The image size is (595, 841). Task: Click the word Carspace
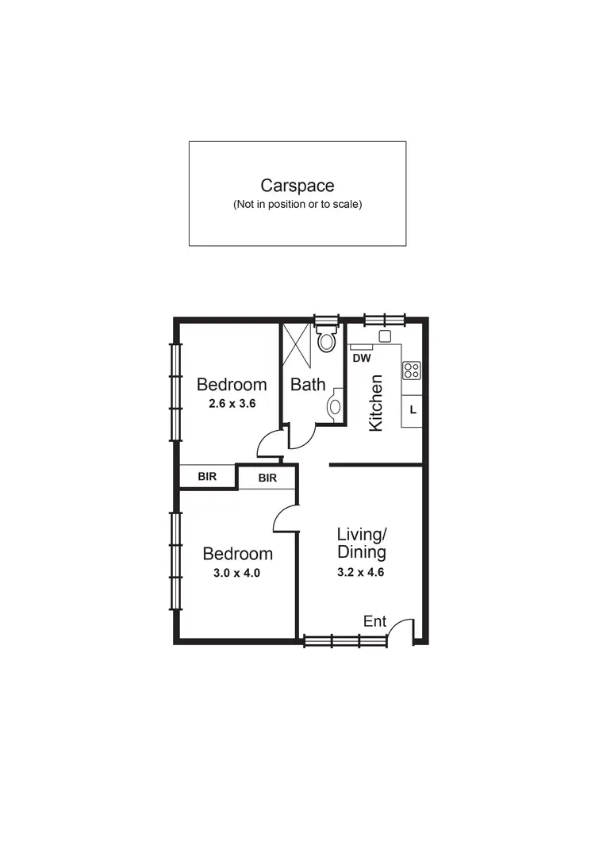(297, 186)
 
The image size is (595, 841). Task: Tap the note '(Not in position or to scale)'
(297, 205)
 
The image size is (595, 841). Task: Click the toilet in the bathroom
(326, 342)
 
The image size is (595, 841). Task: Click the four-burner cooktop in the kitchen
(411, 371)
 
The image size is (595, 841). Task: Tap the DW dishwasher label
(362, 359)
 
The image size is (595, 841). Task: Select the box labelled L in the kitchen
(413, 410)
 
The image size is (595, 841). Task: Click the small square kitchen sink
(386, 336)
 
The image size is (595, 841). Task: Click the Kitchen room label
(377, 403)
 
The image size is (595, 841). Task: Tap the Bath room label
(308, 385)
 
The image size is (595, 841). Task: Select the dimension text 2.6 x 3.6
(231, 403)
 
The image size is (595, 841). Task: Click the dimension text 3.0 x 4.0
(237, 572)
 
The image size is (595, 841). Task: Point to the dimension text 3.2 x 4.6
(361, 571)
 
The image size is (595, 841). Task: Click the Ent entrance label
(374, 622)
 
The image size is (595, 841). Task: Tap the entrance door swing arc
(402, 627)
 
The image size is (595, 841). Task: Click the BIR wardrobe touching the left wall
(207, 476)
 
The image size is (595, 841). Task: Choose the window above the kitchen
(385, 320)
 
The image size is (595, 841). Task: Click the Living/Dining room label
(361, 543)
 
